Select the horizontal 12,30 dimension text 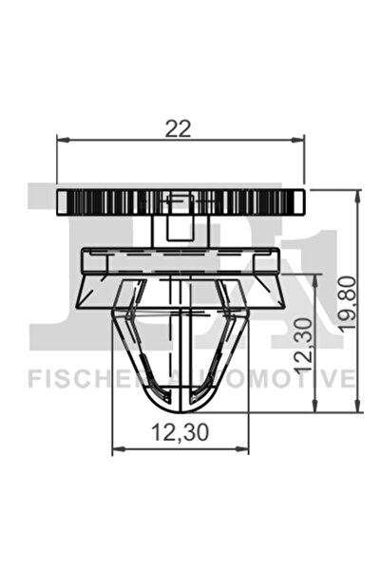pyautogui.click(x=179, y=431)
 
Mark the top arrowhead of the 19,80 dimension pyautogui.click(x=359, y=194)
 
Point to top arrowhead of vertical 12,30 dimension pyautogui.click(x=314, y=278)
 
